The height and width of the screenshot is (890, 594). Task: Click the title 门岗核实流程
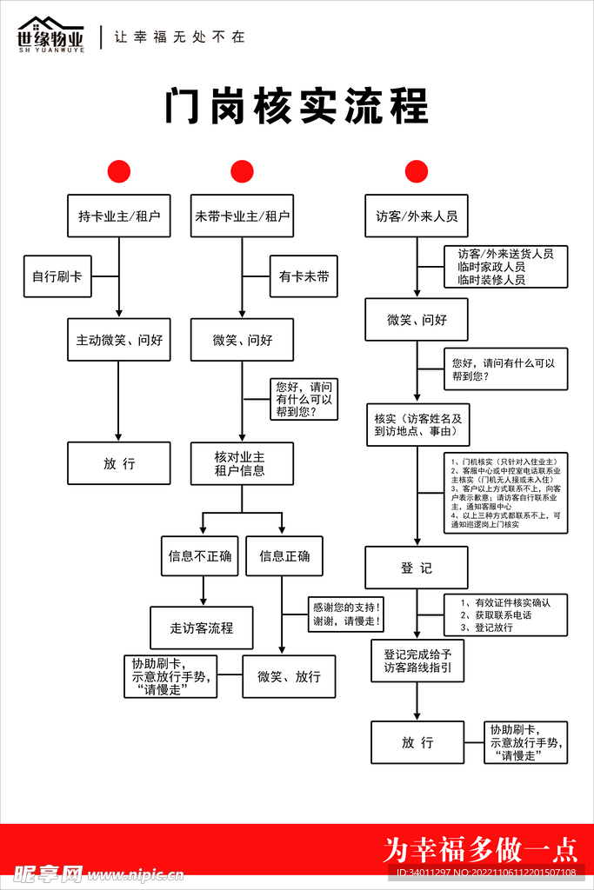[297, 108]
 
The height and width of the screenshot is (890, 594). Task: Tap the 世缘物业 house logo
[51, 34]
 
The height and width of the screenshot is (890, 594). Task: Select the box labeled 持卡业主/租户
[119, 216]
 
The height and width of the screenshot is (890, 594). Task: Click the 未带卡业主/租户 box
[243, 216]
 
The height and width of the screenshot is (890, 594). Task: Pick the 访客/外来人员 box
[417, 216]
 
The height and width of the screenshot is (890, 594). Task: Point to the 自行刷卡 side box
[57, 276]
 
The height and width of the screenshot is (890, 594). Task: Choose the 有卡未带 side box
[304, 276]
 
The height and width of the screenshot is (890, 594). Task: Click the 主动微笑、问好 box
[119, 340]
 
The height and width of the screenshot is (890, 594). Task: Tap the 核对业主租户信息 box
[243, 463]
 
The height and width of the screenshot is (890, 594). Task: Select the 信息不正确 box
[200, 555]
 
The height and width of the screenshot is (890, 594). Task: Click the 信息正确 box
[284, 555]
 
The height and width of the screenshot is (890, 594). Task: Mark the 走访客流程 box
[202, 628]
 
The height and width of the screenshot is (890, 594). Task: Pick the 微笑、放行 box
[289, 676]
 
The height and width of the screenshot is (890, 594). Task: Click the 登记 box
[417, 568]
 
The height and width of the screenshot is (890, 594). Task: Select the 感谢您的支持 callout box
[347, 614]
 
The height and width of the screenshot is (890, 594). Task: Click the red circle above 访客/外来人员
[417, 171]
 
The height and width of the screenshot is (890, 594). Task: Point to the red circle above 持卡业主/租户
[118, 171]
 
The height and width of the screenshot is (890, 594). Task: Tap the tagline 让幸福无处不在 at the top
[180, 37]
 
